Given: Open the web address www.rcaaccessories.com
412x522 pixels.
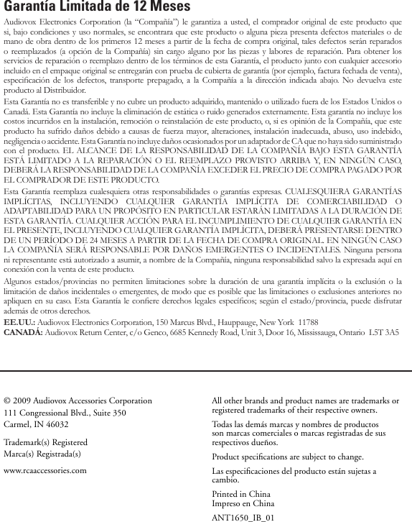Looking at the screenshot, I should [x=45, y=471].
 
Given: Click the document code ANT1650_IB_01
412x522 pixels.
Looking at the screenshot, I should [x=243, y=516].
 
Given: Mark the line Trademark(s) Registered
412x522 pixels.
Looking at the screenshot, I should [x=46, y=443].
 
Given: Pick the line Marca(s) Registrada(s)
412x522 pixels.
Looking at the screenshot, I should [x=42, y=454].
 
